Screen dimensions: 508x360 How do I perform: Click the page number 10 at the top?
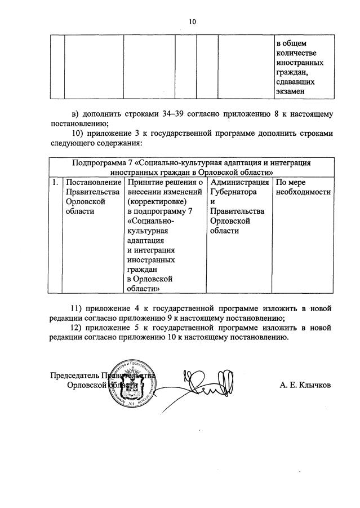point(193,22)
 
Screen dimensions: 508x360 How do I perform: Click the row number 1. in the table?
point(55,183)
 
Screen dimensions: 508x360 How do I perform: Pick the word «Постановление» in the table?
point(94,183)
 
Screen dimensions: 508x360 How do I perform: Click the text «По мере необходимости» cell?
point(303,187)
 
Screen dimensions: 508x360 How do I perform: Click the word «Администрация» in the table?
point(239,183)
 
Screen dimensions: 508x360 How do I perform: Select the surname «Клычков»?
point(313,385)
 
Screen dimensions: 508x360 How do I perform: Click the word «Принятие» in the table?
point(146,183)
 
